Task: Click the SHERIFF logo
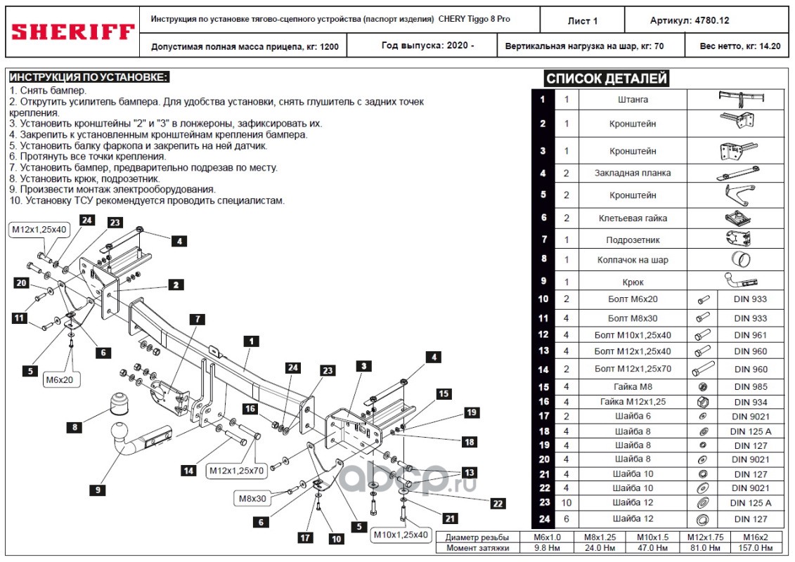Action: click(x=73, y=32)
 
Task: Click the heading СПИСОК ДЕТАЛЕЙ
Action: click(x=607, y=79)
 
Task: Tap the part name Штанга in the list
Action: click(x=632, y=100)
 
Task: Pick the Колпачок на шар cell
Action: click(x=632, y=260)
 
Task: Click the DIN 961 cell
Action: click(x=751, y=335)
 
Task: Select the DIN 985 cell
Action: click(x=751, y=386)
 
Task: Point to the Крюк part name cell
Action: click(x=632, y=282)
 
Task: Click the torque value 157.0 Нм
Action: click(x=760, y=547)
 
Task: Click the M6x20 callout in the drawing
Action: click(x=60, y=380)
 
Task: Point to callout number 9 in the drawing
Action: click(x=98, y=489)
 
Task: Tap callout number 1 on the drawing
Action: click(x=249, y=341)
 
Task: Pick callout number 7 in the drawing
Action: click(x=198, y=320)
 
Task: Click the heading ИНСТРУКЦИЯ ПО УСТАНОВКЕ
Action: click(x=89, y=77)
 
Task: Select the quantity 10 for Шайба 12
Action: click(x=567, y=503)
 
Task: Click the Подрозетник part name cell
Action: click(x=632, y=240)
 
